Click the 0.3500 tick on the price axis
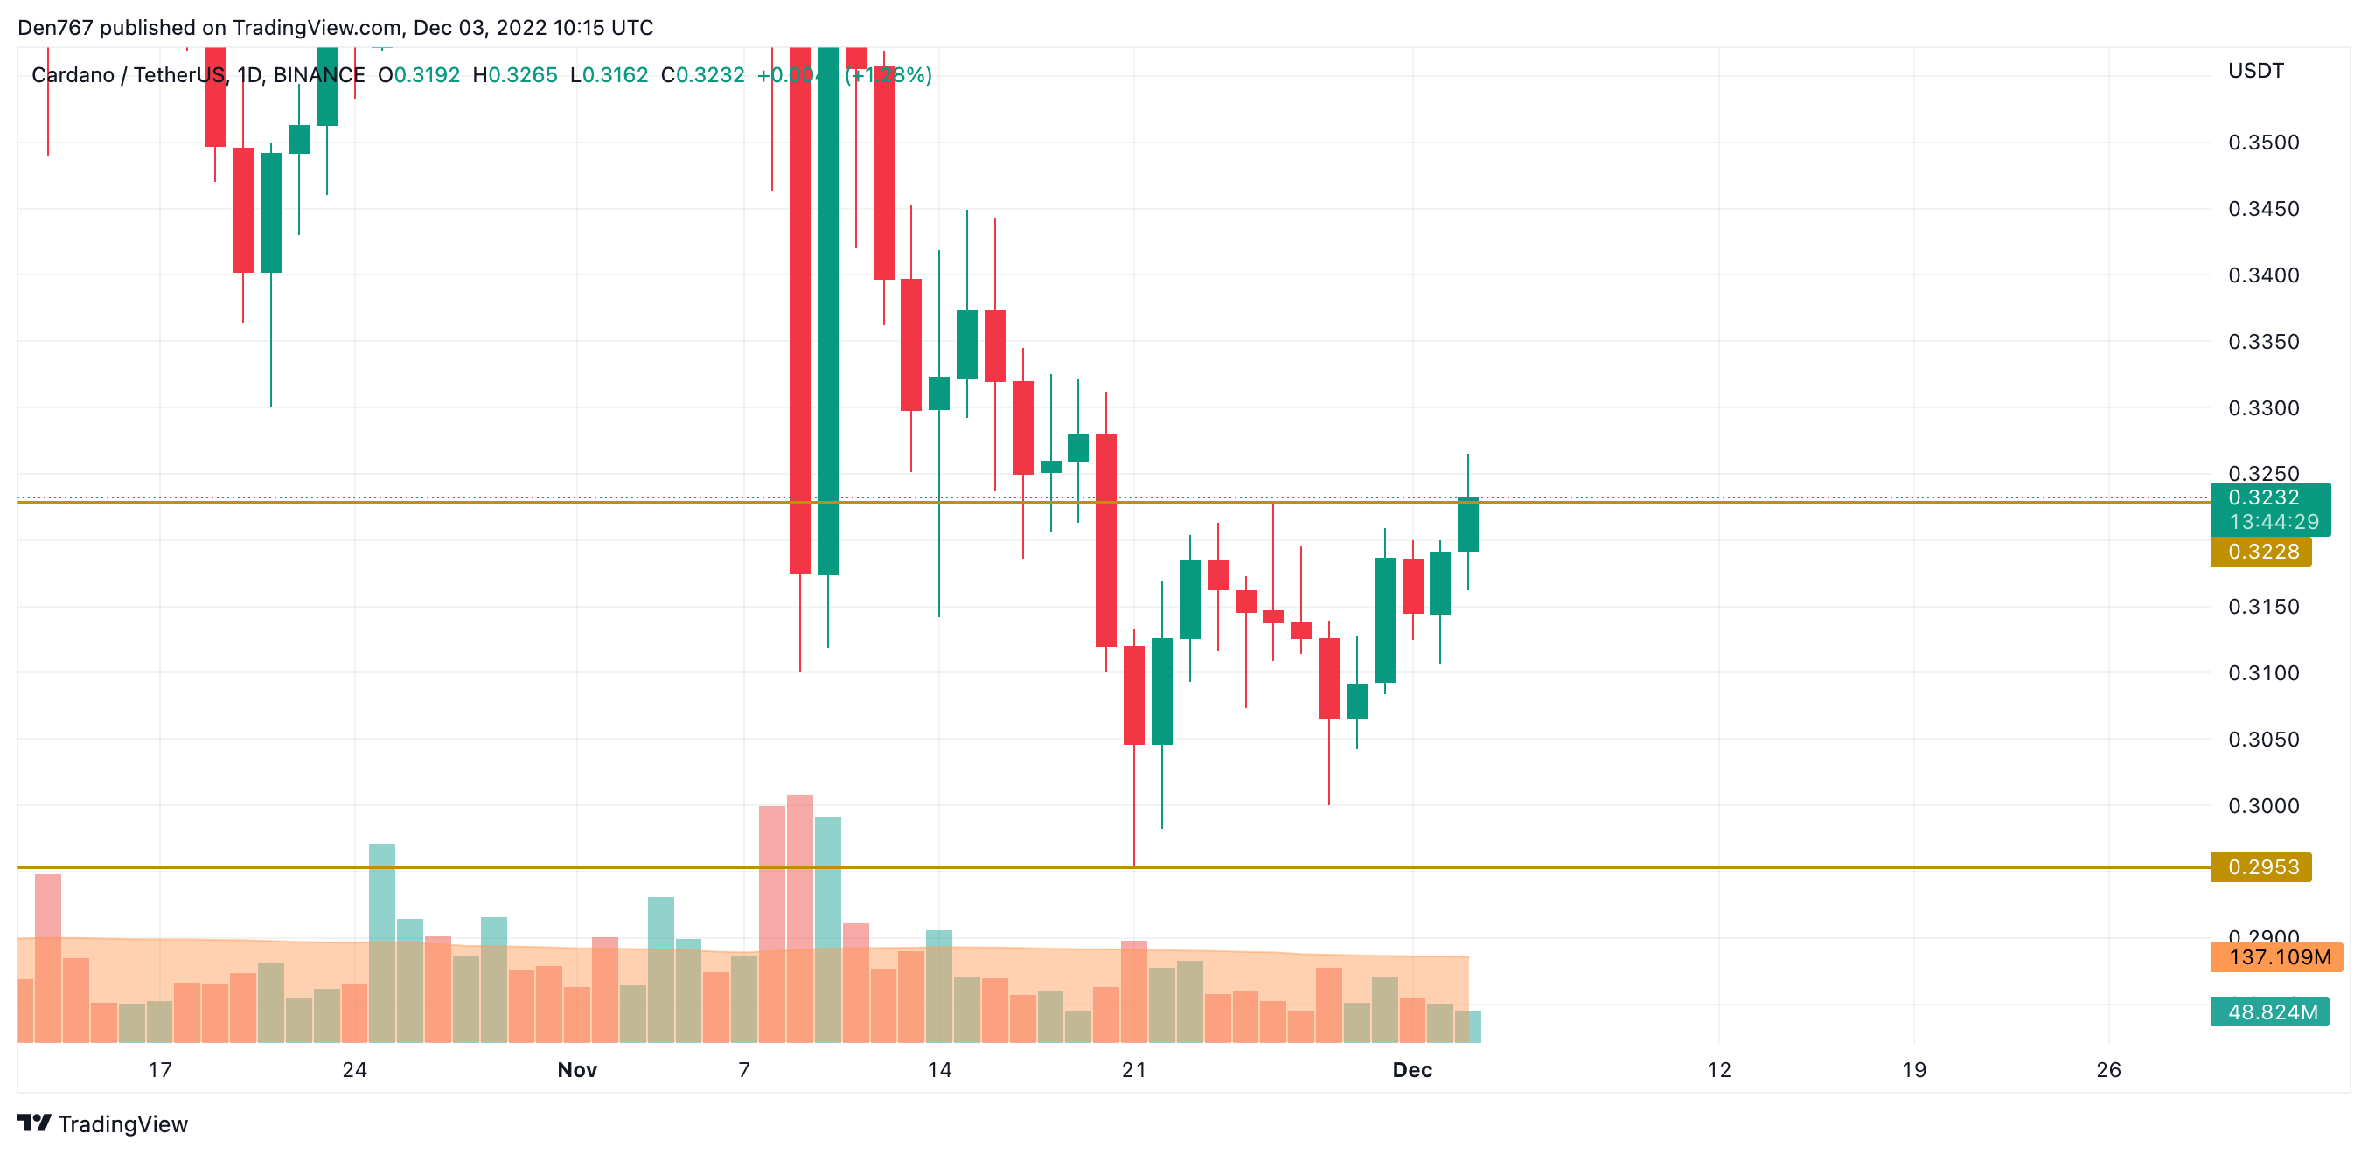(2262, 143)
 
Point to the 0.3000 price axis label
(2262, 806)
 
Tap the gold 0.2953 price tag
(2260, 867)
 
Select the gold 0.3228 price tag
(2260, 552)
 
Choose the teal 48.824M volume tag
(2270, 1011)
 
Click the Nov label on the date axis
(577, 1069)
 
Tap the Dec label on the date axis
(1412, 1069)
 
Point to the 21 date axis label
(1134, 1069)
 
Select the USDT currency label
(2255, 71)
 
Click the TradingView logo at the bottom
(102, 1123)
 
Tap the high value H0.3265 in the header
(515, 75)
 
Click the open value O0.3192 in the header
(419, 75)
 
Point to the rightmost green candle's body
(1468, 525)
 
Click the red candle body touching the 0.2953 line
(1134, 695)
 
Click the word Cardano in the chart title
(73, 75)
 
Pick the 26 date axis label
(2107, 1069)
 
